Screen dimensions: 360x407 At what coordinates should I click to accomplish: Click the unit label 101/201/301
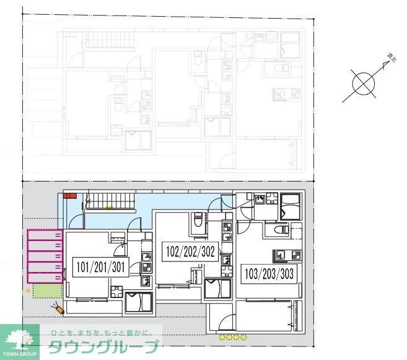tap(100, 268)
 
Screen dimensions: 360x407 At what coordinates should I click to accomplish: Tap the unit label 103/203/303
tap(269, 273)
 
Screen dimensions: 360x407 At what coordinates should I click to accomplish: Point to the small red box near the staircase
tap(69, 195)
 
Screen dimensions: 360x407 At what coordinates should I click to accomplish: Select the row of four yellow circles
tap(233, 337)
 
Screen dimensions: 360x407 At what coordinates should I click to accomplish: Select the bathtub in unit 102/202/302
tap(217, 290)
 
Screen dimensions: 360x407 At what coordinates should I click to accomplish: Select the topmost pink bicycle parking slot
tap(45, 235)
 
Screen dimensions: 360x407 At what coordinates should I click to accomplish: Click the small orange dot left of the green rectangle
tap(28, 289)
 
